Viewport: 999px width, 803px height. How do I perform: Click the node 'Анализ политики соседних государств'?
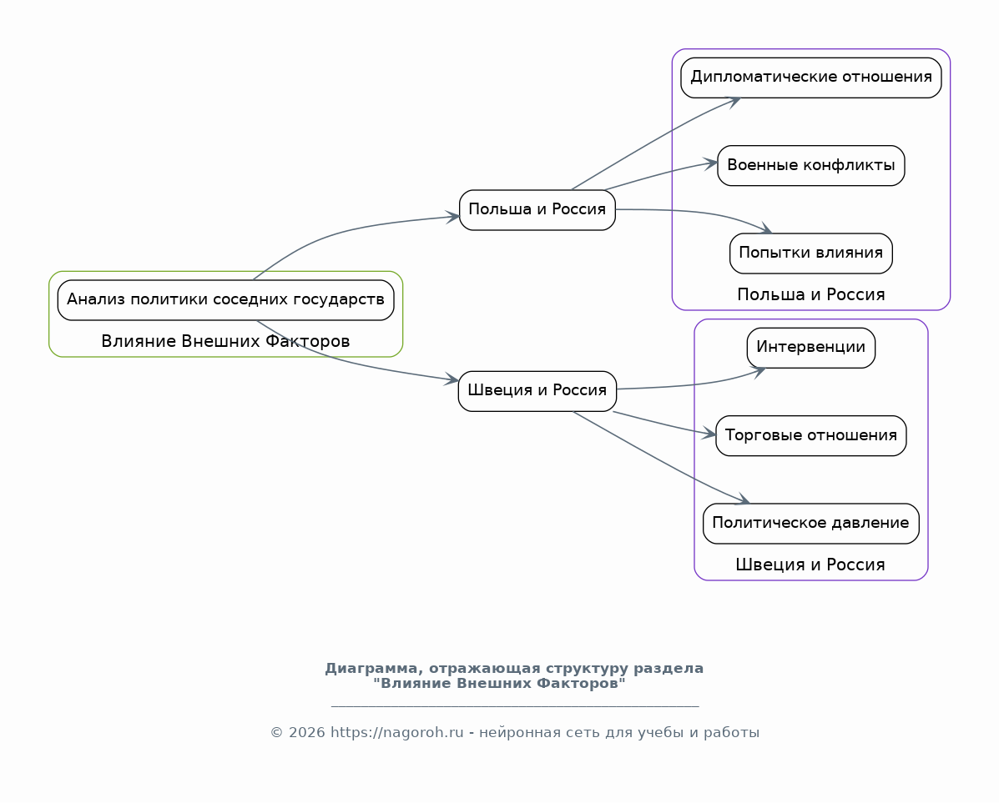tap(225, 300)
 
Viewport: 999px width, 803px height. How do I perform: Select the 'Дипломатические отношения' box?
tap(811, 78)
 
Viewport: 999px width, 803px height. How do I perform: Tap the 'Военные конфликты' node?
tap(811, 166)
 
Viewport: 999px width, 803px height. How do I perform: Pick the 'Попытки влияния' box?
tap(811, 253)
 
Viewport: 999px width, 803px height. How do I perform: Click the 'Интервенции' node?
tap(811, 348)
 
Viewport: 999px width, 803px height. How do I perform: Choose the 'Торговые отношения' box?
tap(811, 435)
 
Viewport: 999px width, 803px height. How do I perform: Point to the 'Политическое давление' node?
tap(811, 524)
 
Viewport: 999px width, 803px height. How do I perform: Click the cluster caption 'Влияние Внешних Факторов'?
tap(225, 341)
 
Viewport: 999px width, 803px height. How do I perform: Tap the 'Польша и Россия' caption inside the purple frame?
tap(811, 294)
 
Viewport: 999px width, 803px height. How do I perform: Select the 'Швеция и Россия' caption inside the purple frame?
tap(810, 565)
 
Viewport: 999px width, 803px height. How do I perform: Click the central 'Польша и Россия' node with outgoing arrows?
tap(537, 209)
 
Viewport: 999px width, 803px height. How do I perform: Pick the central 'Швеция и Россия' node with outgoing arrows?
tap(537, 391)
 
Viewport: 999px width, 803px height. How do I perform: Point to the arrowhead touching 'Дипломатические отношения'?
tap(734, 101)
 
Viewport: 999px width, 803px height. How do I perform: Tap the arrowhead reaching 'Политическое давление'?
tap(742, 499)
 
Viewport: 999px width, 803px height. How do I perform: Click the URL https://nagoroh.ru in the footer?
tap(397, 732)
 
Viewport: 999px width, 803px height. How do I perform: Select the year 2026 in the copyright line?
tap(305, 732)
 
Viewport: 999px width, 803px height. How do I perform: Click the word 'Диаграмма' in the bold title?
tap(373, 669)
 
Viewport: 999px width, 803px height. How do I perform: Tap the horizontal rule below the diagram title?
tap(515, 705)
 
